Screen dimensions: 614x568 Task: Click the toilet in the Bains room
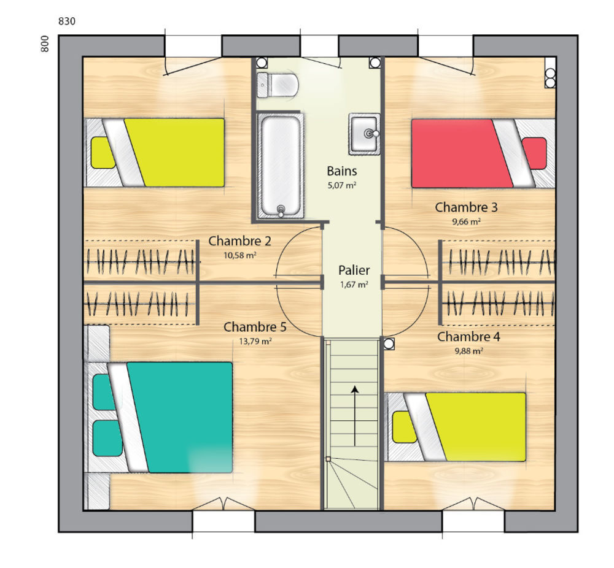point(278,85)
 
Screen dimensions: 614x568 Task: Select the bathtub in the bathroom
point(281,165)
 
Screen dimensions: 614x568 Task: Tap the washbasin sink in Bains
point(364,134)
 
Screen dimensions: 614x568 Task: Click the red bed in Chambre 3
point(483,153)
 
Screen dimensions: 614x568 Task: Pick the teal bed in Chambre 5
point(158,417)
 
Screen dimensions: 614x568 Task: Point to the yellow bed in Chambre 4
point(456,427)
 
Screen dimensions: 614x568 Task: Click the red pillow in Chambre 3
point(535,153)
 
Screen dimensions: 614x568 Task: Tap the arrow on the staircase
point(355,416)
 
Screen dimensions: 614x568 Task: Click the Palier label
point(354,271)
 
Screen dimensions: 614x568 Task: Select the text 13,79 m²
point(255,341)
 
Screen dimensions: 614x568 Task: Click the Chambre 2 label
point(239,241)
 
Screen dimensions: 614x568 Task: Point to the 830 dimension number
point(66,21)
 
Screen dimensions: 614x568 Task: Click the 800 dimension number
point(45,44)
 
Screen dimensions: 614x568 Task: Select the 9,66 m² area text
point(467,221)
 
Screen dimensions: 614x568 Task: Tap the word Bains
point(342,171)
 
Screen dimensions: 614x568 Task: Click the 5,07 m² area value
point(342,185)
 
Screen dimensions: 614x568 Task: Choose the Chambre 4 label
point(468,337)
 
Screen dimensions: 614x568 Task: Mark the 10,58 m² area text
point(240,255)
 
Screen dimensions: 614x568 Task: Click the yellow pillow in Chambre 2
point(103,153)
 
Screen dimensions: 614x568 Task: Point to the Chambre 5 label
point(255,327)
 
